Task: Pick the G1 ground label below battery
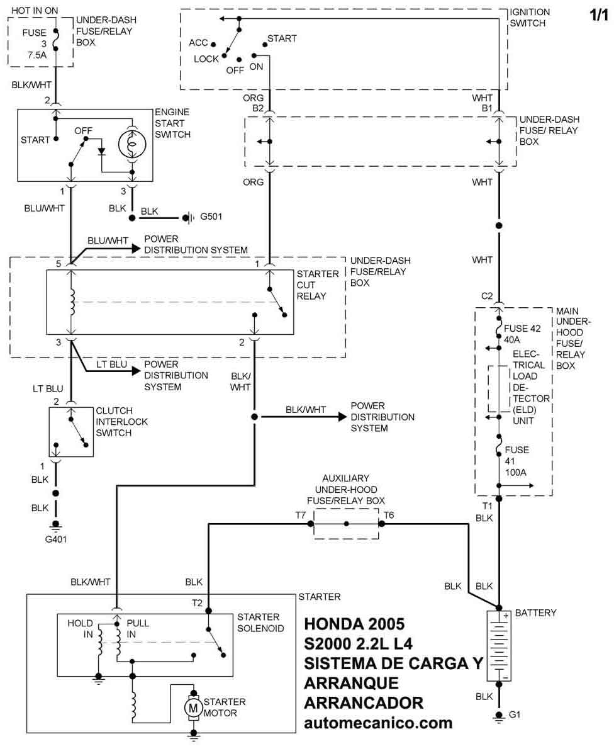pyautogui.click(x=515, y=715)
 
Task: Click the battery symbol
pyautogui.click(x=499, y=646)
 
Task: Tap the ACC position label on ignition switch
pyautogui.click(x=199, y=43)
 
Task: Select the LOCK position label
pyautogui.click(x=206, y=59)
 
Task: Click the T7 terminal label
pyautogui.click(x=301, y=516)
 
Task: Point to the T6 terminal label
pyautogui.click(x=389, y=516)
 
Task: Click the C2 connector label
pyautogui.click(x=487, y=296)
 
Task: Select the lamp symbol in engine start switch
pyautogui.click(x=132, y=144)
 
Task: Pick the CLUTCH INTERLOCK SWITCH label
pyautogui.click(x=122, y=422)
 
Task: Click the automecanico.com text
pyautogui.click(x=378, y=723)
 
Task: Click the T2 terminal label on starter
pyautogui.click(x=197, y=602)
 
